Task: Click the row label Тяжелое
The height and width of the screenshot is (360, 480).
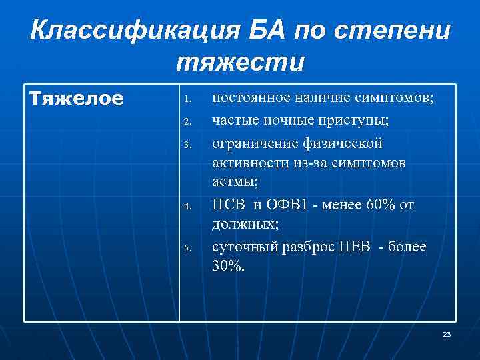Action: [x=77, y=99]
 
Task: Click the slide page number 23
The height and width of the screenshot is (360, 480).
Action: [x=447, y=334]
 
